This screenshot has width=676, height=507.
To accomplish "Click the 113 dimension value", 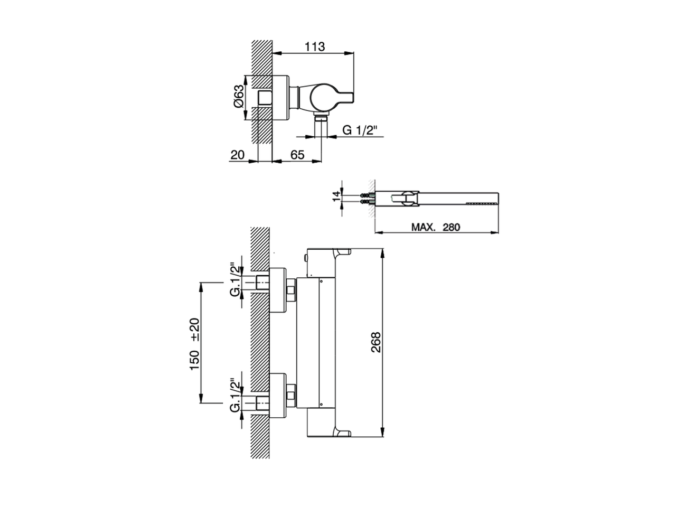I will [x=314, y=46].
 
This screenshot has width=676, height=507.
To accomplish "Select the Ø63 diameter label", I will [x=239, y=97].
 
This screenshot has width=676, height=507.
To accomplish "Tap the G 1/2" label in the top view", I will [x=362, y=130].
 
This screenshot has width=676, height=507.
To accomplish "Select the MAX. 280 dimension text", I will [x=436, y=227].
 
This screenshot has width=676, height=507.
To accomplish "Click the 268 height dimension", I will [x=375, y=343].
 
